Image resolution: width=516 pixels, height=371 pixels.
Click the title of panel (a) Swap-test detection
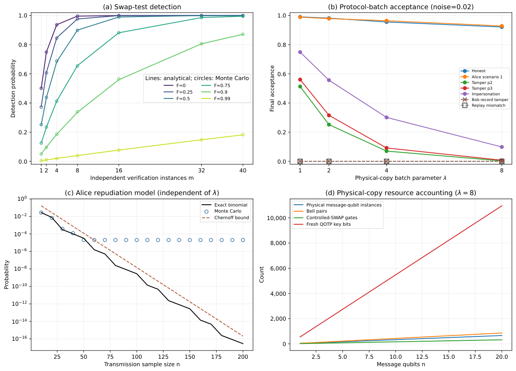click(142, 7)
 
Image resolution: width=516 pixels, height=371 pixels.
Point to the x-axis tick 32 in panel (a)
click(201, 170)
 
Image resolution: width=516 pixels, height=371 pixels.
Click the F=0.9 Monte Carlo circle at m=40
click(243, 34)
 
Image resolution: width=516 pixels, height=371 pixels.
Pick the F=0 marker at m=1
click(41, 88)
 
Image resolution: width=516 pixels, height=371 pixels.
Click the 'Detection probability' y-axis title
click(13, 88)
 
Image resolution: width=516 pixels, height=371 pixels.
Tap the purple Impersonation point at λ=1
click(300, 52)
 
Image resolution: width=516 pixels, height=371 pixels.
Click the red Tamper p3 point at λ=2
click(329, 115)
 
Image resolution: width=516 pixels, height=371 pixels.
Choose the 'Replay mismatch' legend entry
click(484, 105)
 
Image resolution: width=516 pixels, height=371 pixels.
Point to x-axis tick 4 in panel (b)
click(386, 170)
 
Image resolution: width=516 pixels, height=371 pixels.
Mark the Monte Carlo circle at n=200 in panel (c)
click(243, 240)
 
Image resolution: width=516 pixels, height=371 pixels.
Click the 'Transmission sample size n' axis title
click(142, 364)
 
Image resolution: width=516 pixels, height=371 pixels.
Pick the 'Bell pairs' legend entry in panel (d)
click(310, 211)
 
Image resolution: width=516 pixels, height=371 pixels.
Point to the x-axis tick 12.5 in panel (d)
click(422, 357)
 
